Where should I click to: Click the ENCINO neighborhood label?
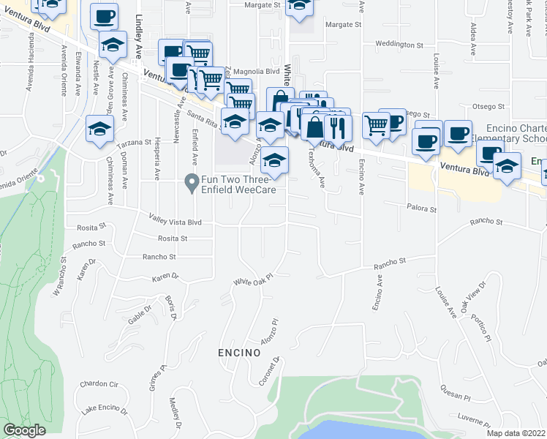point(239,353)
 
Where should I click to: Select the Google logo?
point(24,430)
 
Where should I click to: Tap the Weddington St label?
point(399,45)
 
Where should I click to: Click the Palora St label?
point(422,209)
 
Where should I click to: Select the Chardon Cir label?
point(99,383)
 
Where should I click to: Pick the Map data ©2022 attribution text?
point(516,433)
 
